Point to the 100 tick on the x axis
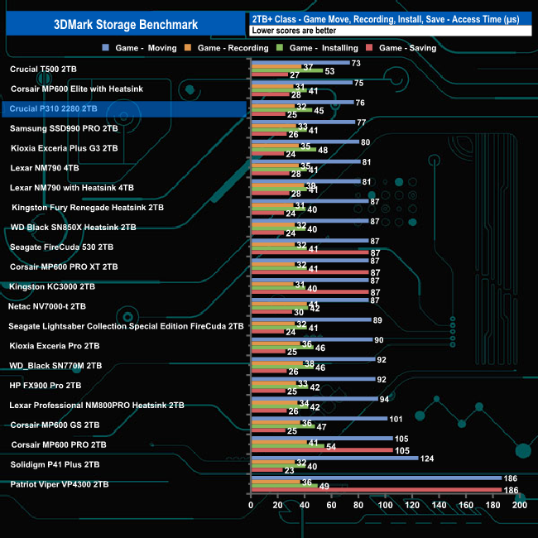coord(386,504)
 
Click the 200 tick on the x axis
coord(520,504)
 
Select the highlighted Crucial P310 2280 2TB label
coord(54,108)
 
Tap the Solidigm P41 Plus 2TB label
coord(55,464)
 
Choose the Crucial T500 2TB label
coord(44,69)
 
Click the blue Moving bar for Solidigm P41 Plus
coord(334,458)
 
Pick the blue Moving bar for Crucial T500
coord(300,63)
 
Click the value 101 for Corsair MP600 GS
coord(396,419)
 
